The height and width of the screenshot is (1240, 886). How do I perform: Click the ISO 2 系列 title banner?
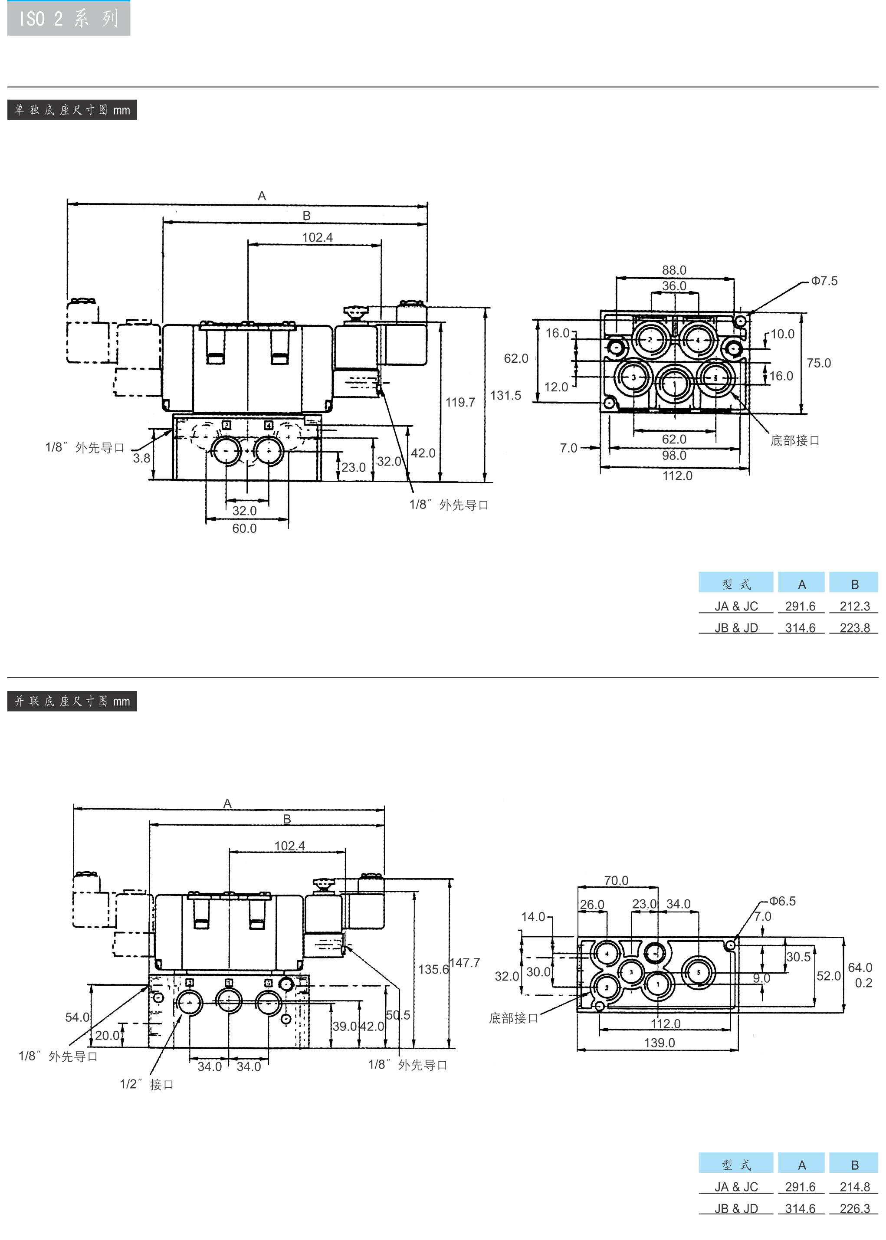click(x=69, y=19)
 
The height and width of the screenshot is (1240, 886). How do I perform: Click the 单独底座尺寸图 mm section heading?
click(x=72, y=110)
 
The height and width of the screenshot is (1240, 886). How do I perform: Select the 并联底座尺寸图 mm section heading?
click(x=72, y=702)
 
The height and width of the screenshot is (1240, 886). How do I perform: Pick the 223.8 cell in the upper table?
click(x=855, y=628)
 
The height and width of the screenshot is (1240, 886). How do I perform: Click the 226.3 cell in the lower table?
click(x=855, y=1208)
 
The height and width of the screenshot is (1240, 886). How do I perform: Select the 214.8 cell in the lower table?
click(x=855, y=1187)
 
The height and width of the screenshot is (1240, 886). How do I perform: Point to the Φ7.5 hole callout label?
click(x=824, y=281)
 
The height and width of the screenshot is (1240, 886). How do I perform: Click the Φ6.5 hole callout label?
click(x=782, y=901)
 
